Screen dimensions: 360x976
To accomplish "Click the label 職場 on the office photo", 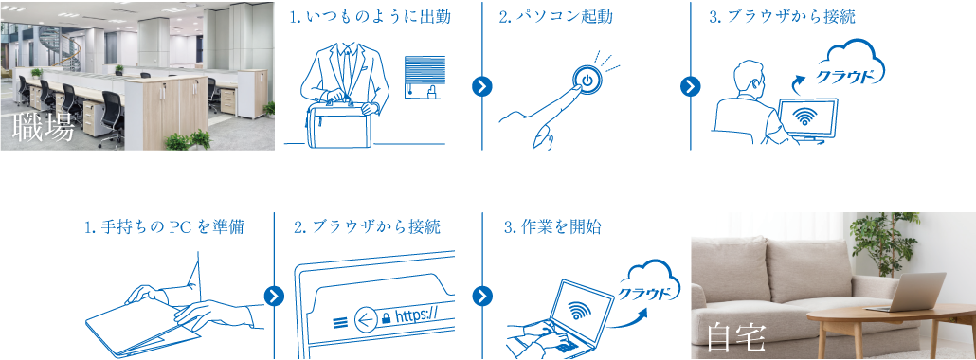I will coord(44,129).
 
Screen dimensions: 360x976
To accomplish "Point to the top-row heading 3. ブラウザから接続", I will coord(782,17).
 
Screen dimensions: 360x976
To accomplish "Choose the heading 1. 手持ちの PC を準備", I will coord(164,227).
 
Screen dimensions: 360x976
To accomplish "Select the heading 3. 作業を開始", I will coord(552,227).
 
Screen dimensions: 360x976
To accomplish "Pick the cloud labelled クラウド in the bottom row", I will coord(652,285).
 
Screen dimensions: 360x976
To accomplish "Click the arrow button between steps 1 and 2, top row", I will coord(482,86).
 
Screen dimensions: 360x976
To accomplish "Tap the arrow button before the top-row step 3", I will coord(691,86).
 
